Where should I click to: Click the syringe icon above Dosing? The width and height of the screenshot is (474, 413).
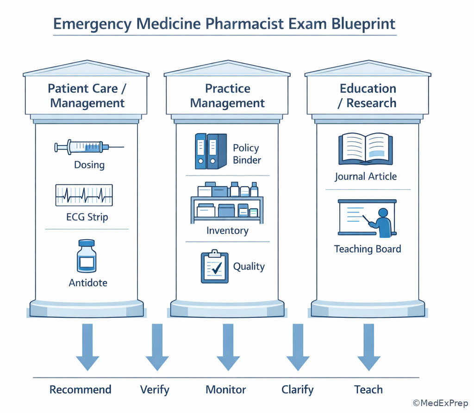click(x=89, y=147)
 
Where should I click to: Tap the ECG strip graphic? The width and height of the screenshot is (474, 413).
click(x=84, y=195)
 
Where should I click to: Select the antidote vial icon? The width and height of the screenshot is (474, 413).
click(x=87, y=256)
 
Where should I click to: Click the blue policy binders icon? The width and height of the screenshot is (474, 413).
click(x=211, y=151)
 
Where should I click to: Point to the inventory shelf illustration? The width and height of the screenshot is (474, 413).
click(x=227, y=203)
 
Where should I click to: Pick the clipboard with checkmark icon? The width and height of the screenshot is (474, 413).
click(x=215, y=267)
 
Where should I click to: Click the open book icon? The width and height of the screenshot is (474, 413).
click(x=366, y=149)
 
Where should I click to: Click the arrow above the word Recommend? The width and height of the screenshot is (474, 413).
click(x=87, y=347)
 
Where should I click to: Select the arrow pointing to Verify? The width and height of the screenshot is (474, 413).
click(x=157, y=347)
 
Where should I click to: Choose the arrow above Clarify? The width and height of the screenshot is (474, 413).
click(x=298, y=347)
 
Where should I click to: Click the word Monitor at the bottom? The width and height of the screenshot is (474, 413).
click(x=226, y=389)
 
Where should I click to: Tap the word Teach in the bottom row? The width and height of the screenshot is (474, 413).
click(x=368, y=389)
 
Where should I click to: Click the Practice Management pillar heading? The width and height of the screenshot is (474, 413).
click(x=227, y=96)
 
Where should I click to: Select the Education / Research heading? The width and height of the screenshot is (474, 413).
click(x=368, y=96)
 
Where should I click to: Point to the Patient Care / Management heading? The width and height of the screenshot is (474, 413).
click(x=87, y=96)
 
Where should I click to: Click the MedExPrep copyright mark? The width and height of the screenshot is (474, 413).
click(x=440, y=403)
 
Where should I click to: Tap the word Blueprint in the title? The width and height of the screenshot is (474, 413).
click(x=363, y=24)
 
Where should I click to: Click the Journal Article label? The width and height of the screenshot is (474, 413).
click(x=366, y=176)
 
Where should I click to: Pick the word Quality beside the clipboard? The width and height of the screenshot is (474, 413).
click(x=249, y=267)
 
